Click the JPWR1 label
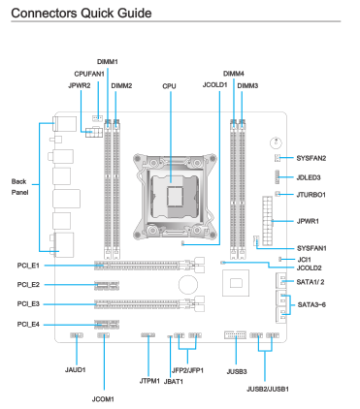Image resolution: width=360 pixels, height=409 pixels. pos(308,221)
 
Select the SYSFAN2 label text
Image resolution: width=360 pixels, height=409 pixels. pos(311,158)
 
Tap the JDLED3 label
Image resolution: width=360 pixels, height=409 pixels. pos(309,177)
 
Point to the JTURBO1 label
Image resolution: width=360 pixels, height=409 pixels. pos(311,195)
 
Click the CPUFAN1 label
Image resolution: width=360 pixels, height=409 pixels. pos(89,74)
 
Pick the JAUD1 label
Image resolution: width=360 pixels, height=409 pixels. pos(76,370)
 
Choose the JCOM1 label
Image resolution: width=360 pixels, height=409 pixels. pos(103,399)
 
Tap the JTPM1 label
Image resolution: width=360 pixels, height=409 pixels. pos(149,381)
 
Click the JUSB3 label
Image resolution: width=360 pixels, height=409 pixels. pos(237,371)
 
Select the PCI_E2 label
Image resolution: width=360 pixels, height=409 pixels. pos(28,285)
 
